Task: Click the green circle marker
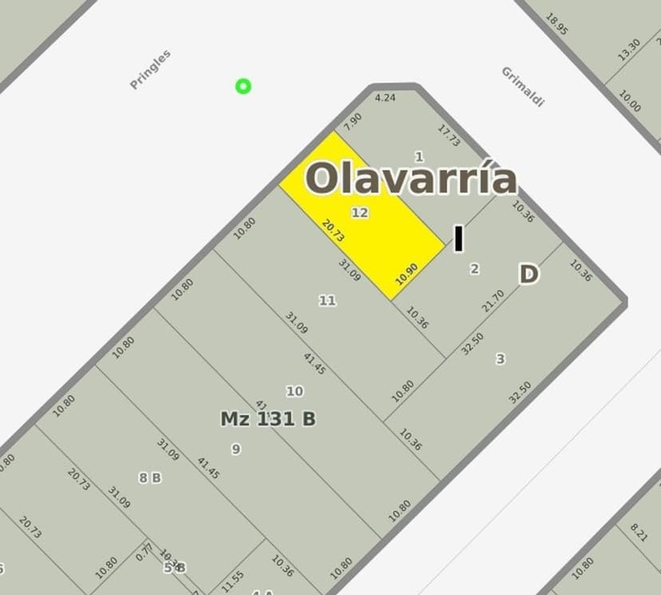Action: (x=243, y=86)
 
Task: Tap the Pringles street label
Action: (x=151, y=69)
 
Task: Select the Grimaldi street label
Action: (x=523, y=85)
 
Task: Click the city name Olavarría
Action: (x=411, y=178)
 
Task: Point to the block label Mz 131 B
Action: (x=268, y=418)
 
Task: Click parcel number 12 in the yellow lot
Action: (x=360, y=212)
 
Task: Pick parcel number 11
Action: (x=327, y=300)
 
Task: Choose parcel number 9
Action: (x=236, y=449)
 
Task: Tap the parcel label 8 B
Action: (x=150, y=478)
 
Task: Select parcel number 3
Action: (x=501, y=359)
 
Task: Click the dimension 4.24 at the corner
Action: (x=385, y=98)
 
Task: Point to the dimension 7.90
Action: (x=352, y=121)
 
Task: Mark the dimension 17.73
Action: (x=449, y=135)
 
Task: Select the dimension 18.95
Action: (x=556, y=24)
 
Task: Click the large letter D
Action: (x=528, y=275)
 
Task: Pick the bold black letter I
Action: (x=458, y=239)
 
